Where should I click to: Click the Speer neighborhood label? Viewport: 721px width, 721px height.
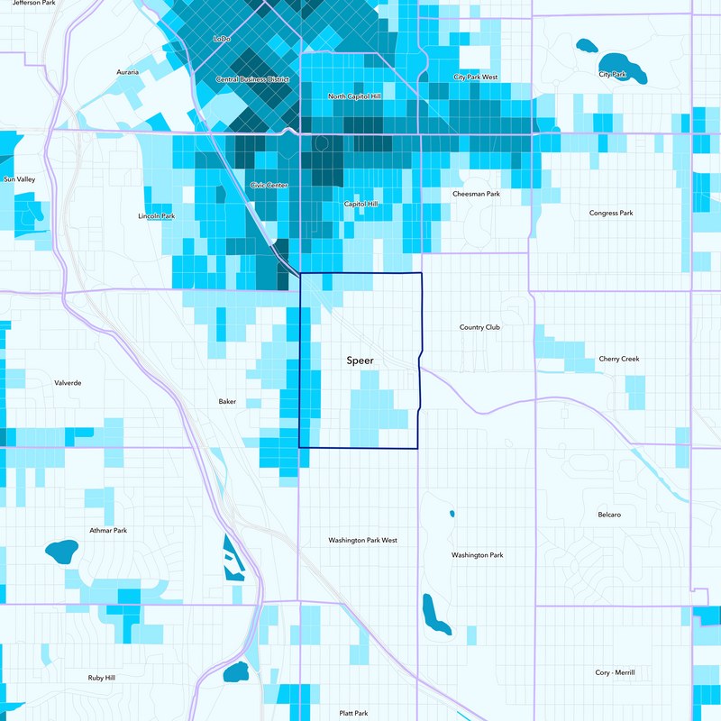360,360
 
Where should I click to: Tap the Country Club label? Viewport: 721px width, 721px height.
479,327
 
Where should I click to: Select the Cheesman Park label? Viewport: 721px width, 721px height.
475,194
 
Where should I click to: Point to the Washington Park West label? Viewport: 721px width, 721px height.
362,540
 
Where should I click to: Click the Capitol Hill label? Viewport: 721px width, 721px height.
361,205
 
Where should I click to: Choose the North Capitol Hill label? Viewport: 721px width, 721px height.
355,96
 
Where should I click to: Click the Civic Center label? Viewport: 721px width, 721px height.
269,185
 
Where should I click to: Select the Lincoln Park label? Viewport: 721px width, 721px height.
156,216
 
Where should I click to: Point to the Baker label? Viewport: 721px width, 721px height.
227,401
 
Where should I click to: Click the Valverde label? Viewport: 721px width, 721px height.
68,382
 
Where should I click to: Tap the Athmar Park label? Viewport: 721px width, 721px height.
108,530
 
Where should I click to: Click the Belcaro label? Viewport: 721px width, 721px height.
609,514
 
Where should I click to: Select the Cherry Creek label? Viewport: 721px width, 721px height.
618,359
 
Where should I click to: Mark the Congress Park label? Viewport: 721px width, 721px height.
611,213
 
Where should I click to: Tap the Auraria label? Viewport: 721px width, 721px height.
128,72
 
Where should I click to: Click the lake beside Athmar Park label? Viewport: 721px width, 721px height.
61,551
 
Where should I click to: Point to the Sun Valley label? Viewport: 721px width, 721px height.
19,179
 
